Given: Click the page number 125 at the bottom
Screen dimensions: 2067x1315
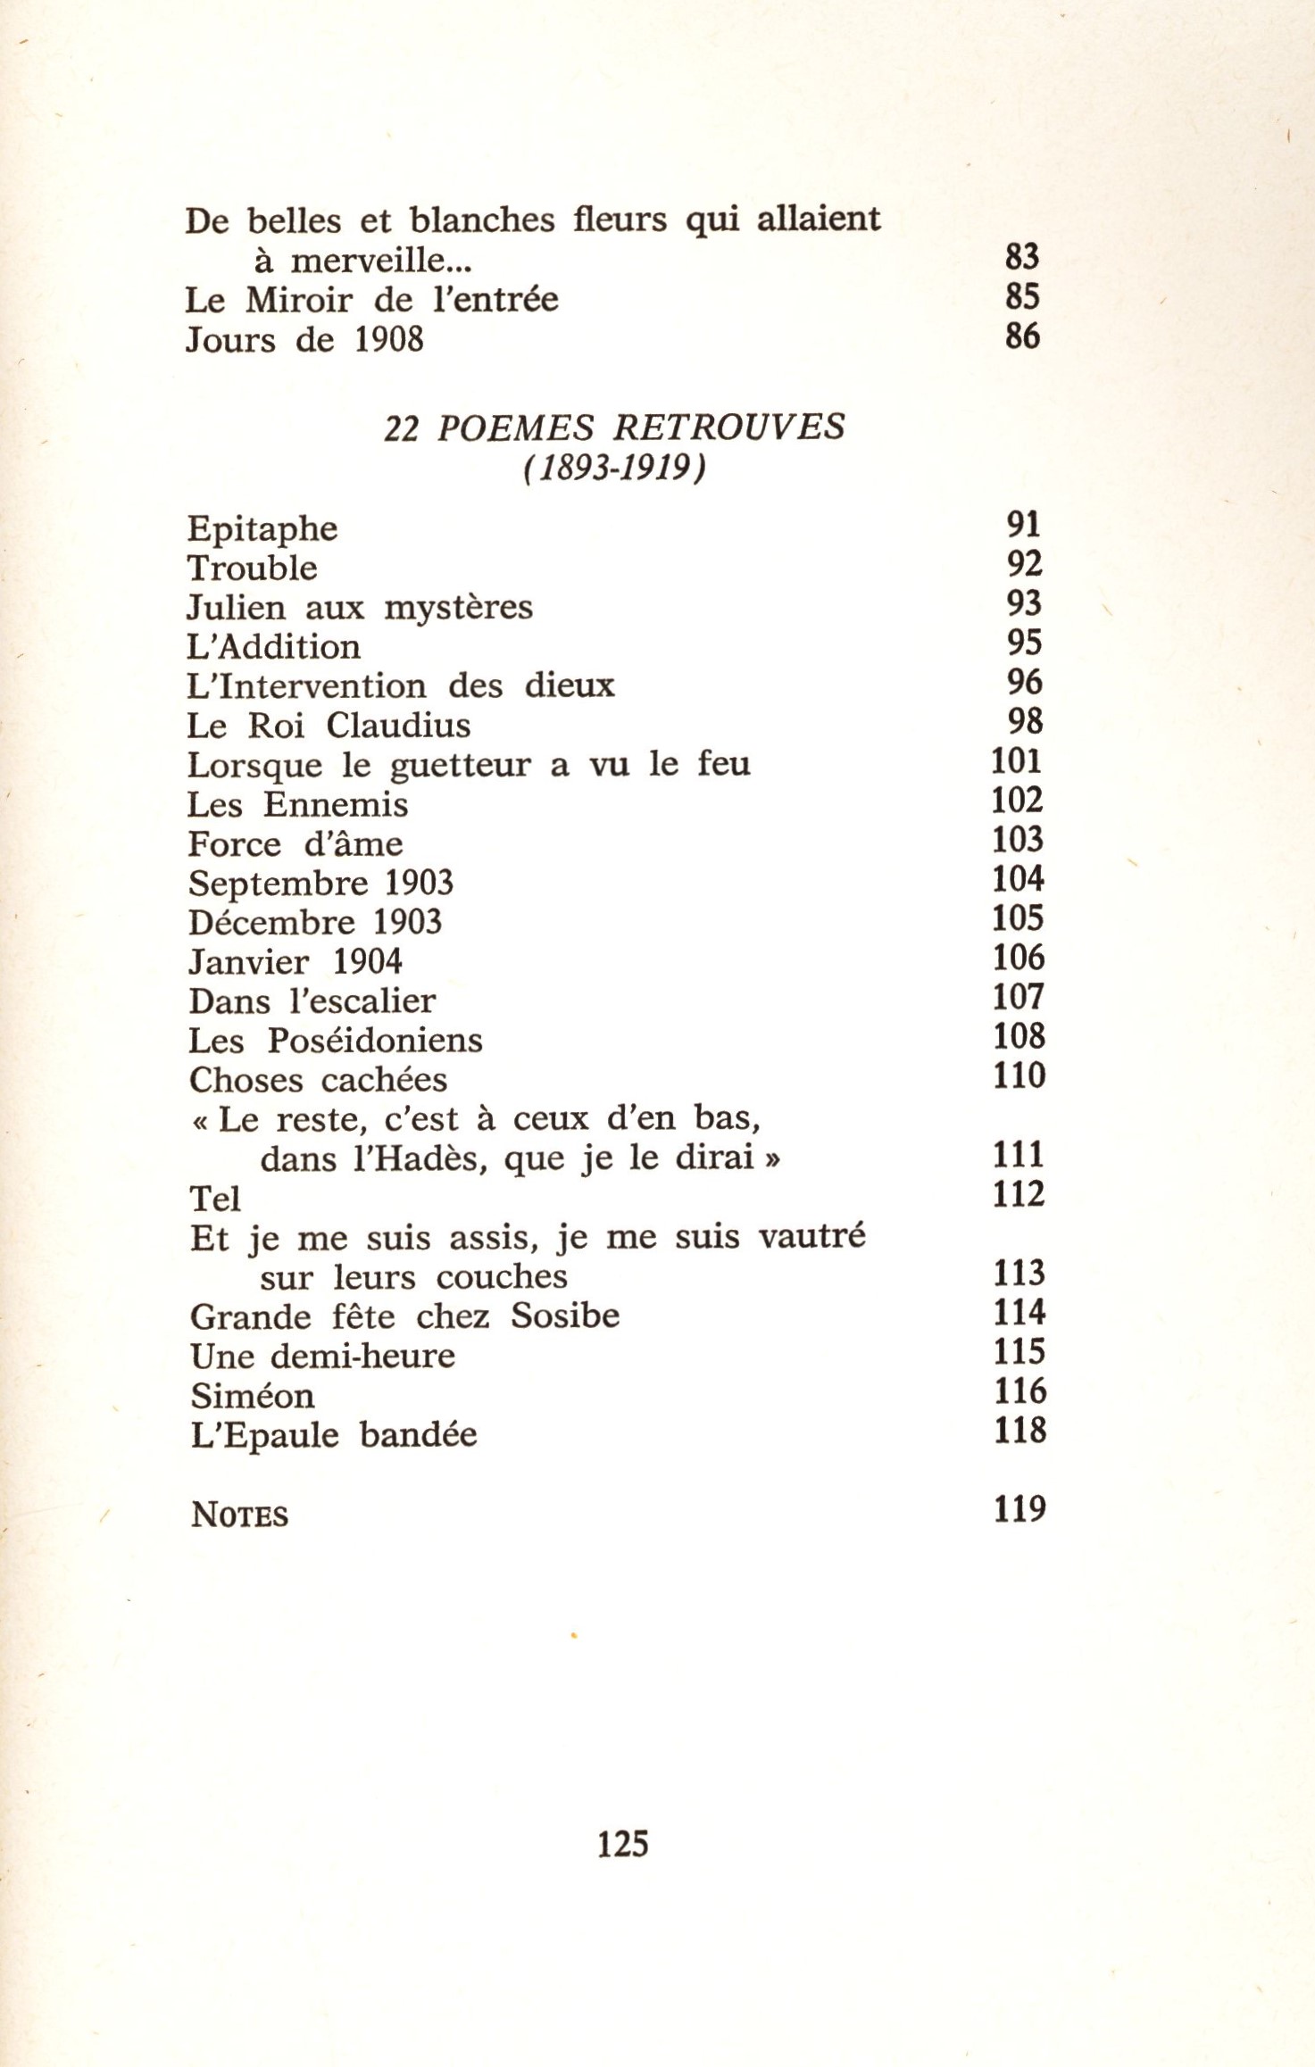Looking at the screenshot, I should pyautogui.click(x=622, y=1843).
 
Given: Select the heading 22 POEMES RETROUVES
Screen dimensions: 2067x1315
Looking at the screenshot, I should pyautogui.click(x=614, y=428).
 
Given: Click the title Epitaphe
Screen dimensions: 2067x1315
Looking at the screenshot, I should pyautogui.click(x=262, y=529).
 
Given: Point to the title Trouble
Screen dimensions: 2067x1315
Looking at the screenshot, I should pyautogui.click(x=253, y=569).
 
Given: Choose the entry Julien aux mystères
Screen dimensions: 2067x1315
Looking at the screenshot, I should pyautogui.click(x=360, y=608).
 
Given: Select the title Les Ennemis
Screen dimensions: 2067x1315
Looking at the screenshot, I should pyautogui.click(x=297, y=805).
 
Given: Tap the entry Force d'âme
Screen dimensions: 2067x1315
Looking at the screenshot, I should pyautogui.click(x=295, y=844).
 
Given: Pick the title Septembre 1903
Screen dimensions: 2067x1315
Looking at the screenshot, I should pyautogui.click(x=321, y=884).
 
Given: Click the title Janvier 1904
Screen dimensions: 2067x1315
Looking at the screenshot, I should pyautogui.click(x=295, y=962).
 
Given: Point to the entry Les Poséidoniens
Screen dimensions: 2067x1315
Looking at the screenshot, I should pyautogui.click(x=336, y=1041).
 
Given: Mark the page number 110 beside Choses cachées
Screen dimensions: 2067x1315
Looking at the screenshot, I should pyautogui.click(x=1019, y=1075).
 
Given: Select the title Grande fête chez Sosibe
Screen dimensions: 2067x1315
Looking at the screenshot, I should pyautogui.click(x=404, y=1316).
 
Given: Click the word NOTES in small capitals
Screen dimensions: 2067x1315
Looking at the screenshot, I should pyautogui.click(x=240, y=1515).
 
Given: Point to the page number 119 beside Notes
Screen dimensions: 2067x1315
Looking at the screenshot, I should pyautogui.click(x=1019, y=1509).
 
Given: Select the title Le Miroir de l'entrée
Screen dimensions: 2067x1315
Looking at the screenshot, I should pyautogui.click(x=371, y=300).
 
